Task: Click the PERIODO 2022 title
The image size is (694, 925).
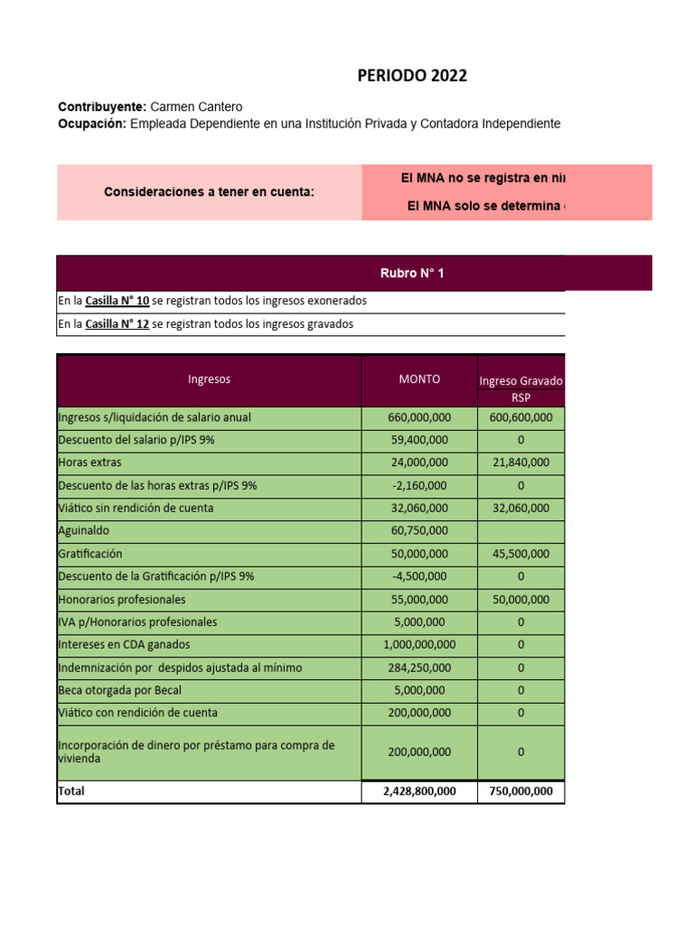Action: click(412, 76)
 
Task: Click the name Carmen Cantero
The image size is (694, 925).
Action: click(196, 107)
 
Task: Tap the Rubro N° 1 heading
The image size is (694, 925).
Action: click(412, 273)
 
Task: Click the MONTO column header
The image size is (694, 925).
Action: click(419, 379)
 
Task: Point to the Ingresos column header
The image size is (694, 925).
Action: click(209, 379)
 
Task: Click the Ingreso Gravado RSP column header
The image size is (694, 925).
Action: click(520, 388)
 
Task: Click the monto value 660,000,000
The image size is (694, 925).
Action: click(419, 417)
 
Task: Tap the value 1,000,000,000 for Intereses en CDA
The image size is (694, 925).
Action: click(419, 645)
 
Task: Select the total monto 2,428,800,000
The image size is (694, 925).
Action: click(419, 791)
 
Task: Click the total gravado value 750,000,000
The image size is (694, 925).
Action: click(520, 791)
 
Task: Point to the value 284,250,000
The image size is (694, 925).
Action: click(419, 668)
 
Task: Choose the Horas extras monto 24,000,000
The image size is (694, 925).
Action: click(419, 462)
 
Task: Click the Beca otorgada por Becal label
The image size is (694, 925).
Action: click(120, 690)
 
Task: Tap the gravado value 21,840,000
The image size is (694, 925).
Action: click(520, 462)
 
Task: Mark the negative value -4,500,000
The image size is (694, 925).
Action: click(419, 576)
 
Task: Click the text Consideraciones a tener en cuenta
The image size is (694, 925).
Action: click(209, 192)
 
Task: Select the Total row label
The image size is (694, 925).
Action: click(71, 791)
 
